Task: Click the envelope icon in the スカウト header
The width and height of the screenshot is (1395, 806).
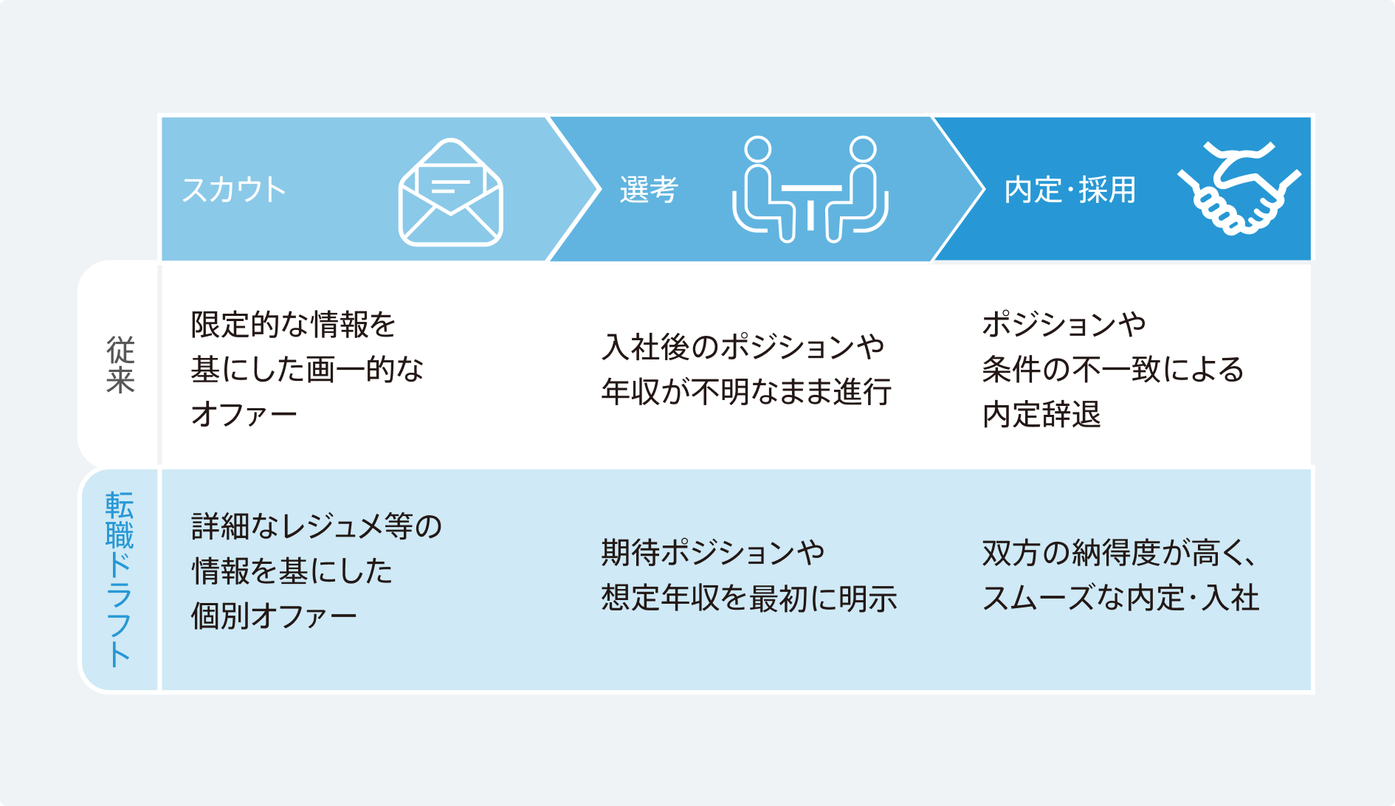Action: [450, 193]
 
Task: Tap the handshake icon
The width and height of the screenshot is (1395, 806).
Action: [1239, 188]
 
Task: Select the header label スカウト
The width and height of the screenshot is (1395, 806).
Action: [233, 190]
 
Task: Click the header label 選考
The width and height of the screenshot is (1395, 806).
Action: [648, 190]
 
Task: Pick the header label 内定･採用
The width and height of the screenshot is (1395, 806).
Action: [1069, 190]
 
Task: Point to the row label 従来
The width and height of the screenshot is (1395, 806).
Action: [120, 365]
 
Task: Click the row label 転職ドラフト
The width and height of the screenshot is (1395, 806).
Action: [119, 579]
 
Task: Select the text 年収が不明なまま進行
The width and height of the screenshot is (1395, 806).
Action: [746, 391]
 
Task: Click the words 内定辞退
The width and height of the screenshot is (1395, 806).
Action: [1041, 414]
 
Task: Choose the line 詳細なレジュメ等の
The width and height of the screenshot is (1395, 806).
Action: [317, 526]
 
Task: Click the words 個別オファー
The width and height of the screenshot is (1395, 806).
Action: [274, 616]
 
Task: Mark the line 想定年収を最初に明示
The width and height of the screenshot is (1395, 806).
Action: [749, 598]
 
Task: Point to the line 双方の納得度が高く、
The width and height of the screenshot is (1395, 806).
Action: [1120, 553]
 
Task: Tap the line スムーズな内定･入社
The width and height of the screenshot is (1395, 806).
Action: [1120, 598]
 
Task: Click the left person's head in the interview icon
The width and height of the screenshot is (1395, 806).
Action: [757, 149]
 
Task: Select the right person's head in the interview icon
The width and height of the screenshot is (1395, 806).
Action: [863, 149]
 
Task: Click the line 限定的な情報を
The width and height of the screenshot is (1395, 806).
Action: [294, 324]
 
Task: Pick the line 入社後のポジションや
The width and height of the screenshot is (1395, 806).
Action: [743, 346]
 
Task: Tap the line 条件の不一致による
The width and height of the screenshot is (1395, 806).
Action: [1113, 369]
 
